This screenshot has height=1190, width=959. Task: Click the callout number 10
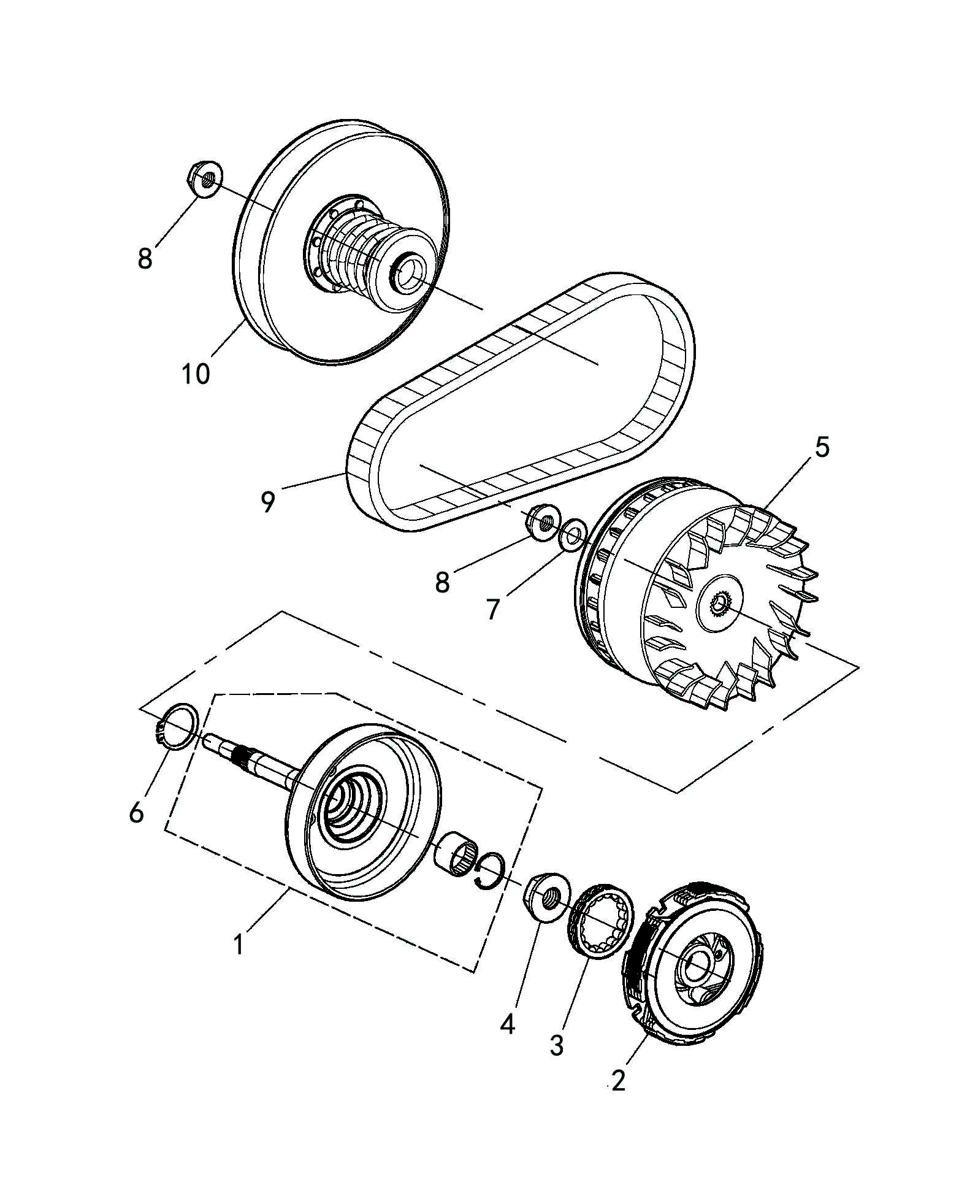196,374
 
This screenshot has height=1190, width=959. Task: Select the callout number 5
822,447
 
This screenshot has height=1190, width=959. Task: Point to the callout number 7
494,609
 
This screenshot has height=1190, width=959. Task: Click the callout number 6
136,812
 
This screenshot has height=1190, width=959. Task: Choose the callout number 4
507,1024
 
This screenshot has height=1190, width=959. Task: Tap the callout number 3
556,1045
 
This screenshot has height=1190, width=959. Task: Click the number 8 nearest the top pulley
145,258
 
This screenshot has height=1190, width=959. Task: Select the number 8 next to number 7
442,582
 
